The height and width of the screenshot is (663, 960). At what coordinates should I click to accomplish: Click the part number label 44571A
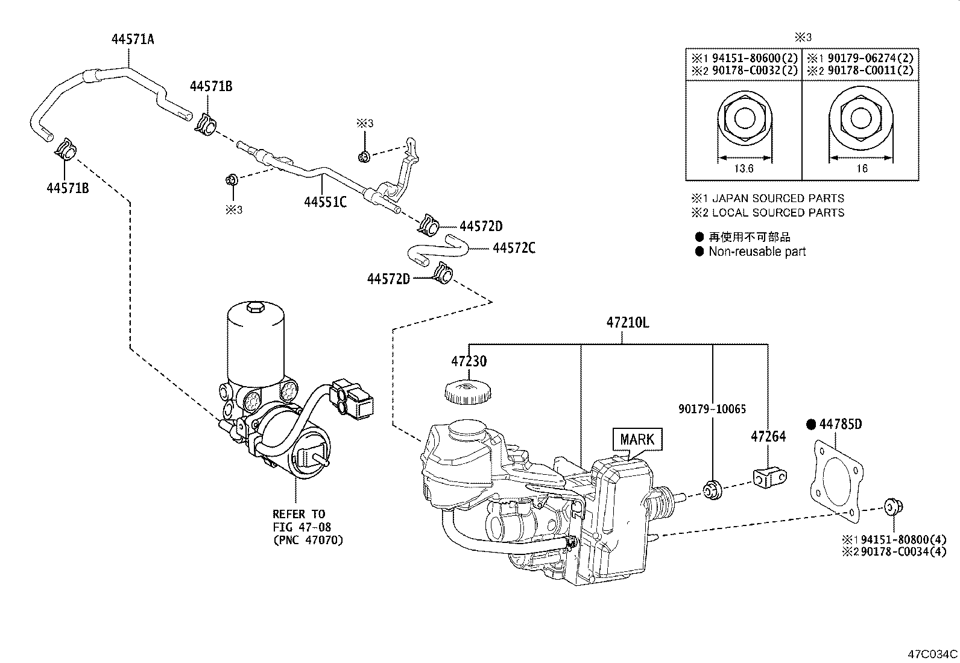pyautogui.click(x=133, y=40)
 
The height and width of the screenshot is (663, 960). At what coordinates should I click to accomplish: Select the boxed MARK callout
pyautogui.click(x=637, y=439)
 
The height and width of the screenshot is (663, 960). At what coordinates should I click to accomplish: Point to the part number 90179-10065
pyautogui.click(x=712, y=409)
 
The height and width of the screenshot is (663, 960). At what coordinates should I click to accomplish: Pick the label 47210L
pyautogui.click(x=628, y=323)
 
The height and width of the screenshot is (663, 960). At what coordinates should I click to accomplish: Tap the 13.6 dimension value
pyautogui.click(x=743, y=169)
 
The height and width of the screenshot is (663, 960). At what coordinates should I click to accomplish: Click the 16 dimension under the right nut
pyautogui.click(x=862, y=169)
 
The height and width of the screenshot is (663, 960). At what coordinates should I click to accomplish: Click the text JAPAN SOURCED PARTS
pyautogui.click(x=778, y=198)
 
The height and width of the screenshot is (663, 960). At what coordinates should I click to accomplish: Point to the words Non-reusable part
pyautogui.click(x=757, y=252)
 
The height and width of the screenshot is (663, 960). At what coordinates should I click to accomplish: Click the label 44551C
pyautogui.click(x=325, y=202)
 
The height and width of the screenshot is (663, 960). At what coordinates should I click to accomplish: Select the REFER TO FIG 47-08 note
pyautogui.click(x=308, y=527)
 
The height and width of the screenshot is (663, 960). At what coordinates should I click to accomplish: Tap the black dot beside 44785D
pyautogui.click(x=811, y=425)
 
